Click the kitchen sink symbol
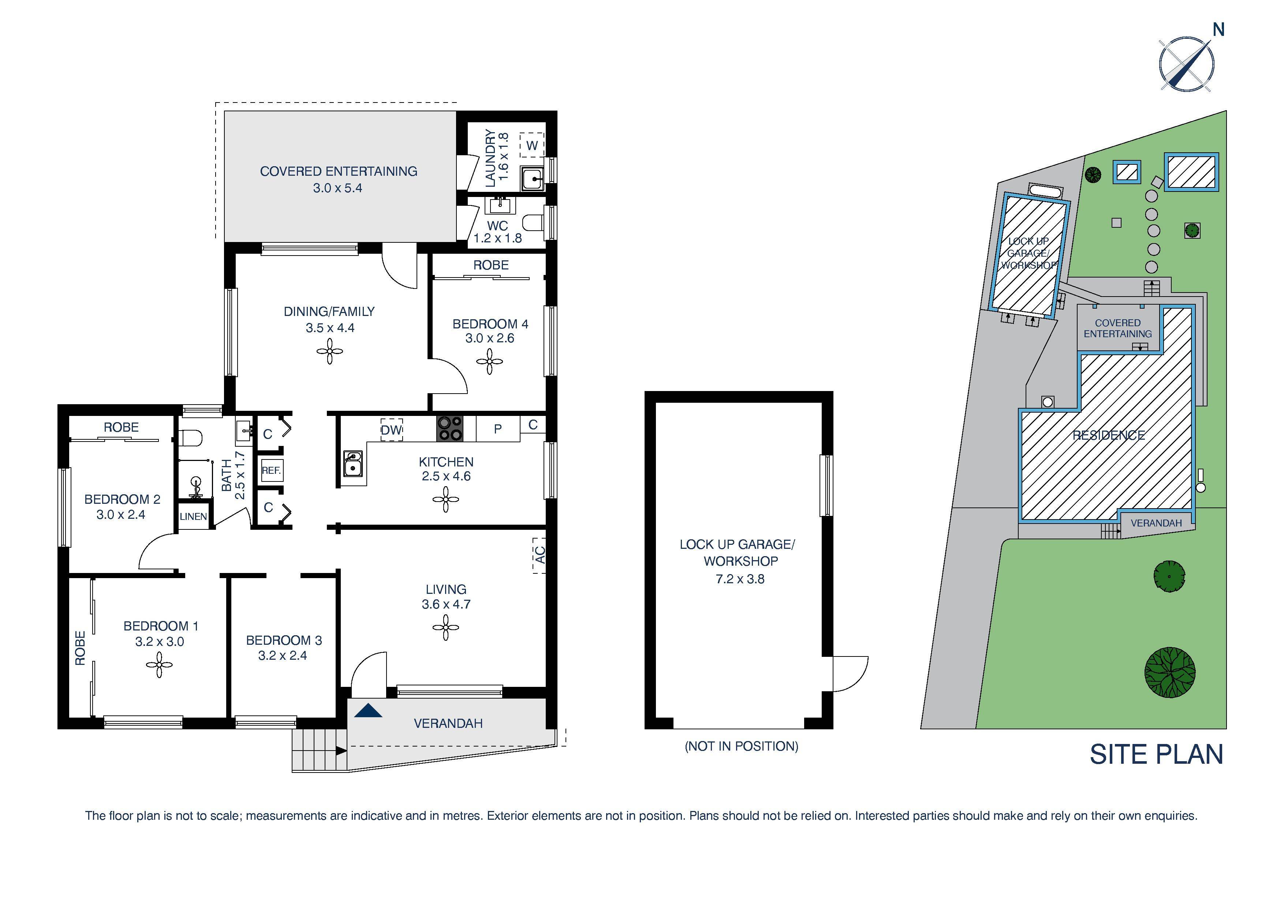(353, 464)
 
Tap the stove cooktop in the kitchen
(449, 428)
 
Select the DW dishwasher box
(392, 430)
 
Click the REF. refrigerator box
(271, 470)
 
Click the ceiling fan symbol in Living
(446, 628)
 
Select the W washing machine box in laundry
(532, 145)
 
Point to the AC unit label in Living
(539, 555)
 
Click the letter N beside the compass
(1218, 30)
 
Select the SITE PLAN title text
(1156, 754)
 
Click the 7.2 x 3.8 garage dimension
(739, 579)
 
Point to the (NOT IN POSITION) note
(741, 746)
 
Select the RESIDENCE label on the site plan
(1108, 435)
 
